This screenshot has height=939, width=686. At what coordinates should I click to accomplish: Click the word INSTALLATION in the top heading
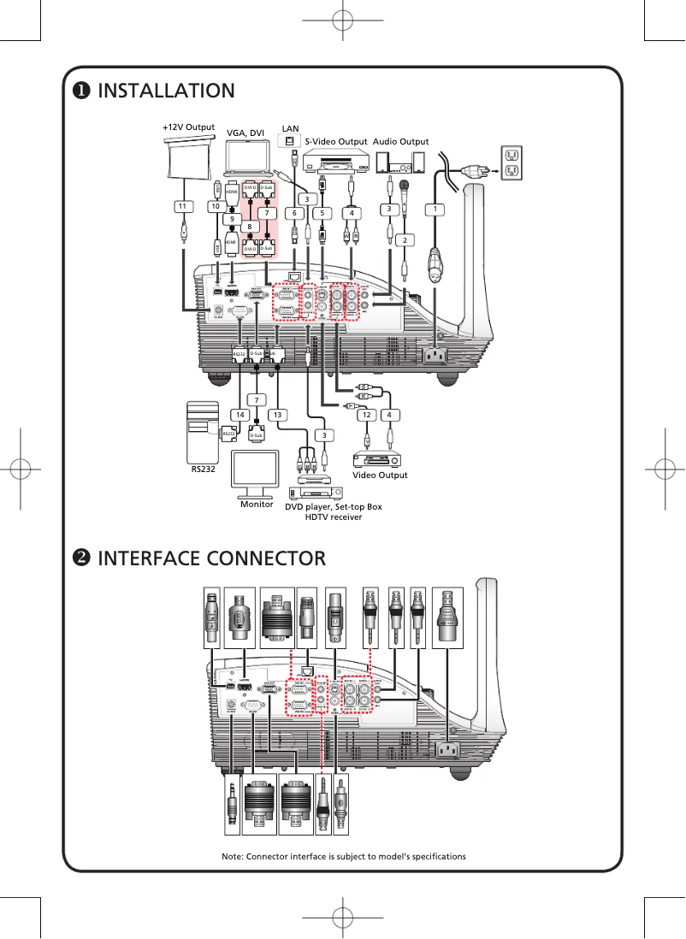click(167, 91)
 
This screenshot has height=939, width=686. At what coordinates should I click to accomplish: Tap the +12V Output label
click(188, 127)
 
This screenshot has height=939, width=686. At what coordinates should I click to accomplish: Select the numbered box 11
click(181, 206)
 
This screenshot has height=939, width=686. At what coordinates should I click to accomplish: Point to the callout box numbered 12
click(366, 415)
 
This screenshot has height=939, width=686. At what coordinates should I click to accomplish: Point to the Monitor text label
click(257, 505)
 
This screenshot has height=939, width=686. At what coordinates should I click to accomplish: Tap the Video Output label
click(381, 475)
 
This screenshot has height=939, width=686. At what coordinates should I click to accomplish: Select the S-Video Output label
click(336, 142)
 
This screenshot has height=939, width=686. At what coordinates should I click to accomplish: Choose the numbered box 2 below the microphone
click(399, 240)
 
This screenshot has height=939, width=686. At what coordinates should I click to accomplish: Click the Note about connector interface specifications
click(343, 856)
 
